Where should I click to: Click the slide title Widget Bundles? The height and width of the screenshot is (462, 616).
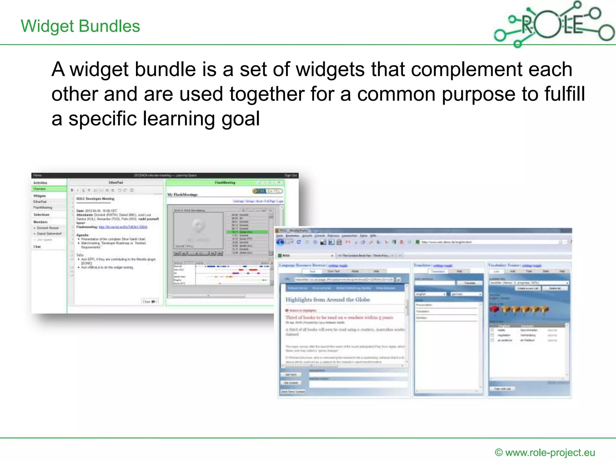pyautogui.click(x=80, y=26)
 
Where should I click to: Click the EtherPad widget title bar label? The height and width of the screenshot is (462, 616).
pyautogui.click(x=116, y=183)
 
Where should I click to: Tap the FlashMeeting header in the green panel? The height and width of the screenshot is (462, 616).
pyautogui.click(x=225, y=183)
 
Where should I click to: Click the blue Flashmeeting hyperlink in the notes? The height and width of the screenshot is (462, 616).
pyautogui.click(x=123, y=227)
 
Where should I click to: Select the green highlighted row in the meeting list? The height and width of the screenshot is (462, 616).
pyautogui.click(x=247, y=232)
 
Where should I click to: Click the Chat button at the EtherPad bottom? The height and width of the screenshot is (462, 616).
pyautogui.click(x=149, y=301)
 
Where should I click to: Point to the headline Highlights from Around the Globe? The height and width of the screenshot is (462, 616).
pyautogui.click(x=328, y=300)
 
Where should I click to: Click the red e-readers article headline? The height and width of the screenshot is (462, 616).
pyautogui.click(x=339, y=317)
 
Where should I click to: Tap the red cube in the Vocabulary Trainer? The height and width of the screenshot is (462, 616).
pyautogui.click(x=494, y=309)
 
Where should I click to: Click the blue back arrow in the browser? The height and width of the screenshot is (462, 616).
pyautogui.click(x=280, y=242)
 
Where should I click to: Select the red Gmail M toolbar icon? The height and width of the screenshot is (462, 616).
pyautogui.click(x=348, y=242)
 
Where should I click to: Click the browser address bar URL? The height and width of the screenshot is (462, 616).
pyautogui.click(x=446, y=242)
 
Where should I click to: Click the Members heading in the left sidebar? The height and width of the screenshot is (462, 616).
pyautogui.click(x=40, y=222)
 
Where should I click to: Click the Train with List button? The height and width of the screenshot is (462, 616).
pyautogui.click(x=502, y=389)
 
